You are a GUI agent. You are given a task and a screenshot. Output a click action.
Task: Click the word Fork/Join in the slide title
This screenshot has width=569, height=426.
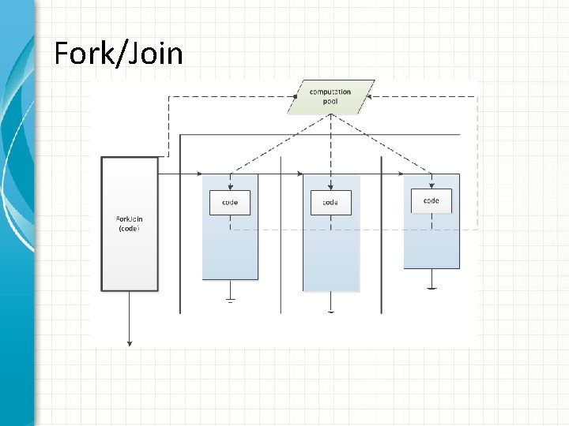[x=118, y=54]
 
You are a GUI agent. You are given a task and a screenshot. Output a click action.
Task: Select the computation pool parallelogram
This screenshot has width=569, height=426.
[x=331, y=97]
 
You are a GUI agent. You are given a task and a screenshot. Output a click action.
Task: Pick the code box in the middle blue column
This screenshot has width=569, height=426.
[x=330, y=202]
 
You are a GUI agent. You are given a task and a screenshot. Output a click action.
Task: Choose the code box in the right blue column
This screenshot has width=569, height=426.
[x=431, y=200]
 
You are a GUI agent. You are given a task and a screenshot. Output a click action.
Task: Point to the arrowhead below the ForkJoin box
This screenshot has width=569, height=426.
[x=130, y=342]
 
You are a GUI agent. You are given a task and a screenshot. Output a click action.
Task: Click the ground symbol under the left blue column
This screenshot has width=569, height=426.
[x=231, y=299]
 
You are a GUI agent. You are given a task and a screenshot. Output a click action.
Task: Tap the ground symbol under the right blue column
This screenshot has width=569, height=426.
[x=431, y=286]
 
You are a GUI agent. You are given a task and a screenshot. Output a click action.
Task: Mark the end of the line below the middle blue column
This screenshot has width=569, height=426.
[x=331, y=312]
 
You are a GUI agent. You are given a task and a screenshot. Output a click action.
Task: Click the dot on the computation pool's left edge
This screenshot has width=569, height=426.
[x=295, y=97]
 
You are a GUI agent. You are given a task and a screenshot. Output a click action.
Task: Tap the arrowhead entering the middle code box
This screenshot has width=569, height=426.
[x=331, y=187]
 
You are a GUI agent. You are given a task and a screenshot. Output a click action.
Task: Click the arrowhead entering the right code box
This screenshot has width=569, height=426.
[x=431, y=186]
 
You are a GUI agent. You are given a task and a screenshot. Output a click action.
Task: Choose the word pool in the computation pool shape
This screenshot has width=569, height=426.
[x=331, y=103]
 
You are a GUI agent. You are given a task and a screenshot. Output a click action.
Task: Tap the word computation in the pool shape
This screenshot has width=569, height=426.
[x=331, y=92]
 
